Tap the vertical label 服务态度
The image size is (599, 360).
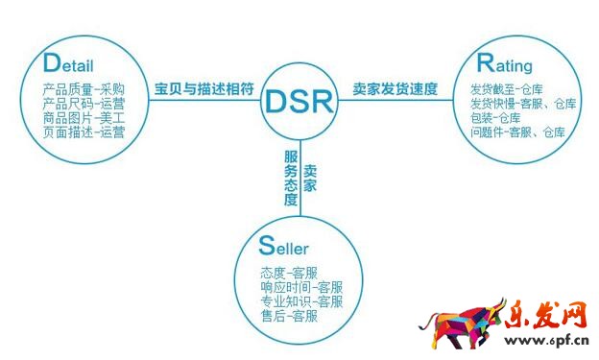(x=291, y=177)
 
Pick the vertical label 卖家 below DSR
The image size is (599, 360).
(x=310, y=177)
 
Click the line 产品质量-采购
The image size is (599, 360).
(x=84, y=89)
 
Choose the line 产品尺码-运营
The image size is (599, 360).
(x=84, y=104)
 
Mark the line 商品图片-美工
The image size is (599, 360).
(x=84, y=118)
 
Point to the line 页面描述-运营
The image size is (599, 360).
(x=84, y=132)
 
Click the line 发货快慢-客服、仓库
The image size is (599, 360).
(x=523, y=104)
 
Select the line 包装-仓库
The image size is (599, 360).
(x=499, y=118)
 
